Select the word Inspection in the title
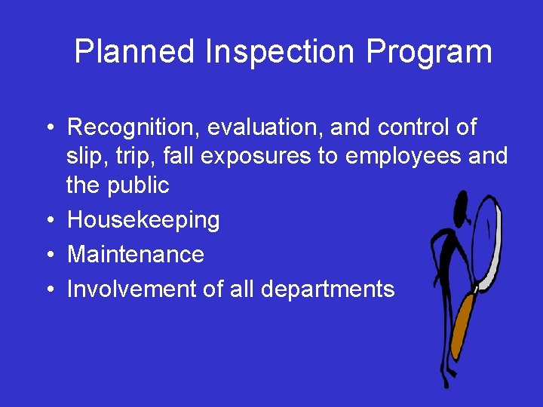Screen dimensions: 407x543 click(280, 52)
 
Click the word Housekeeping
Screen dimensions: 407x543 click(143, 220)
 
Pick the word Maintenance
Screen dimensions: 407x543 click(136, 254)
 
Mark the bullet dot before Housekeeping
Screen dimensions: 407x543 click(48, 220)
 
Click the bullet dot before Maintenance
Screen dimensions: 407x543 click(48, 254)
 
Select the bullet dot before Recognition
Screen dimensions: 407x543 click(48, 127)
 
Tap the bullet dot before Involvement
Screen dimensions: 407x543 click(48, 289)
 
